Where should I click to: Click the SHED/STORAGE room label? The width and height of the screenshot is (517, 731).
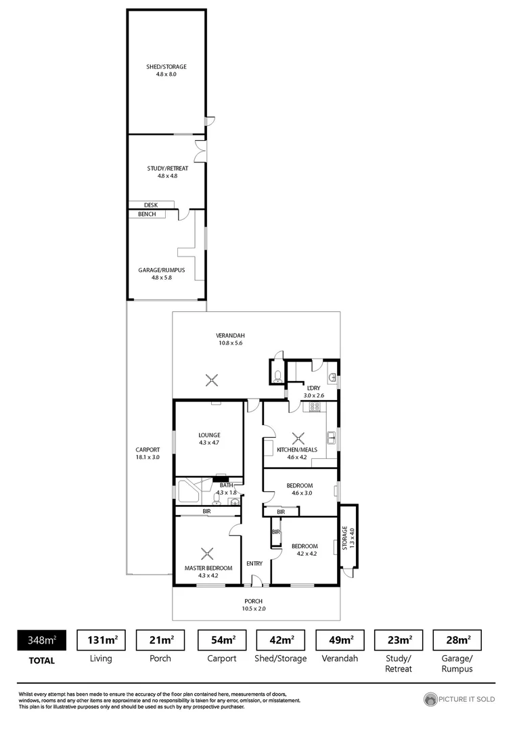point(166,67)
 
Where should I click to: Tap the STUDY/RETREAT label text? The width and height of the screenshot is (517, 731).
point(167,169)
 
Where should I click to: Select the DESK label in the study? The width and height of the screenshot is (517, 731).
point(151,204)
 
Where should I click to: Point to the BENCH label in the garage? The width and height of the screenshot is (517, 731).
point(147,215)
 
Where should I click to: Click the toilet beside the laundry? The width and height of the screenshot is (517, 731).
point(277,376)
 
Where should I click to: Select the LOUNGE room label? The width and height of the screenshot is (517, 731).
point(209,435)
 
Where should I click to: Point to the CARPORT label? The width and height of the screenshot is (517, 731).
point(148,449)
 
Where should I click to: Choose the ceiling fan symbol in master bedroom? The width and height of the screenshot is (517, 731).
point(209,553)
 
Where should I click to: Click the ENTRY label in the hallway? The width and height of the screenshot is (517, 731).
point(254,564)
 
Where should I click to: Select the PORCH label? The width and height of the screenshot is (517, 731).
point(254,601)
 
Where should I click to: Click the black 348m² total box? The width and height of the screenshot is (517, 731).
point(41,640)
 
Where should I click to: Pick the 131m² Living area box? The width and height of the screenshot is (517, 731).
point(102,640)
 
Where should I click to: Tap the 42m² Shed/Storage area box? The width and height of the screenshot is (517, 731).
point(282,640)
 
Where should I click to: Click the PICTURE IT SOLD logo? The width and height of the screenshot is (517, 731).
point(459,699)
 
